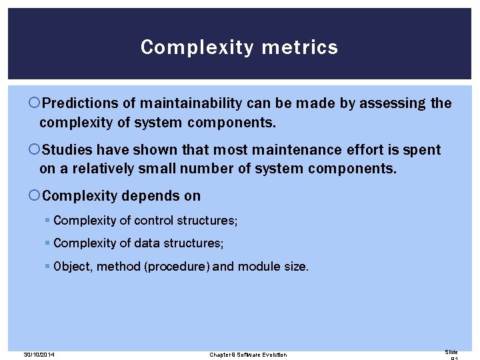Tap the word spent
pos(423,150)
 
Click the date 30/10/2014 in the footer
pos(38,354)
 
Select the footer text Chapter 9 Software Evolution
pos(248,354)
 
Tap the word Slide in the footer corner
pos(451,351)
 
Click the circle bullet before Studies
pos(35,151)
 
